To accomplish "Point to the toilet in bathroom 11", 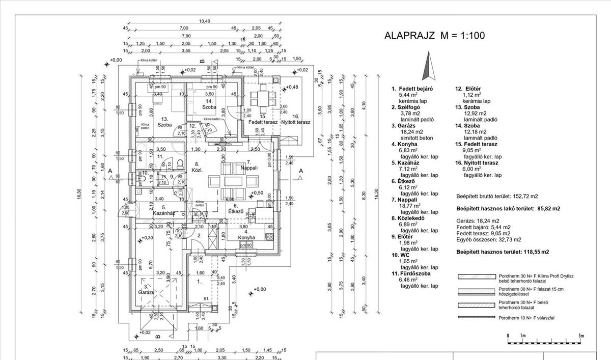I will (180, 162).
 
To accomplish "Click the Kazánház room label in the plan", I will (161, 211).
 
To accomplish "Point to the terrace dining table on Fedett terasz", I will (262, 95).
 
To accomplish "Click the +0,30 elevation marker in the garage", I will (146, 238).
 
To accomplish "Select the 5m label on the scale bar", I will (581, 336).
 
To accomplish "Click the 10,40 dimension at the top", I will (204, 21).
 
